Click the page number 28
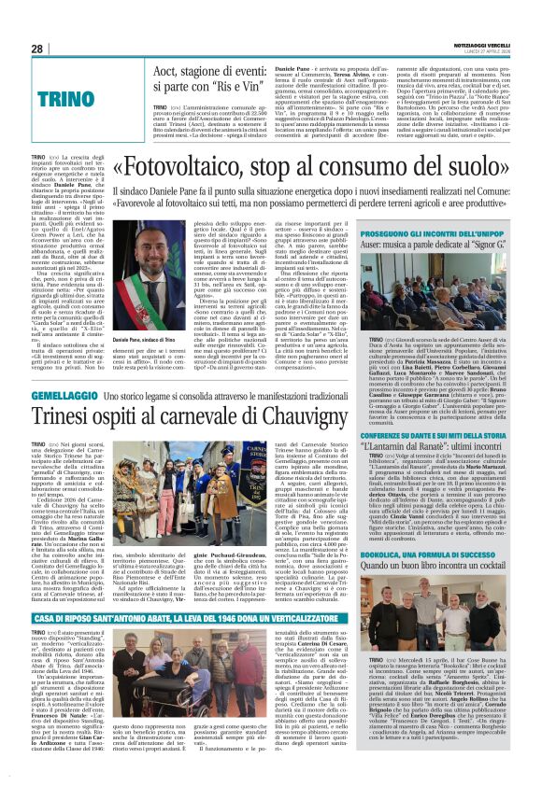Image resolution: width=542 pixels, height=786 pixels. [x=37, y=49]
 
